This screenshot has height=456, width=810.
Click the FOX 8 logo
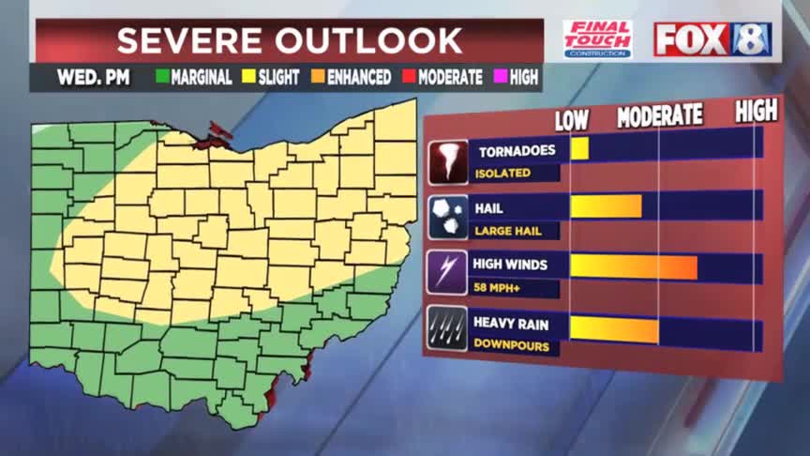712,39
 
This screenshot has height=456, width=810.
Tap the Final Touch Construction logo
597,39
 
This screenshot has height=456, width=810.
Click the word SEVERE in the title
187,41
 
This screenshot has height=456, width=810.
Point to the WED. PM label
85,78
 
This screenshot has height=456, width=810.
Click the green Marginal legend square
161,78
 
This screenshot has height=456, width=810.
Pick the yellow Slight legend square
249,78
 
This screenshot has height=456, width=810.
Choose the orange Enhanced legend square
318,78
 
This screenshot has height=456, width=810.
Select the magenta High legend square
501,78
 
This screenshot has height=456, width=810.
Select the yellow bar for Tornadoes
579,148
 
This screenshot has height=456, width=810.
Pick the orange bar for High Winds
633,266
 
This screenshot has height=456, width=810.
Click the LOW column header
572,119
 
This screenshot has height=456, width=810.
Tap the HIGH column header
756,111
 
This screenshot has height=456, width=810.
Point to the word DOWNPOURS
506,344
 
